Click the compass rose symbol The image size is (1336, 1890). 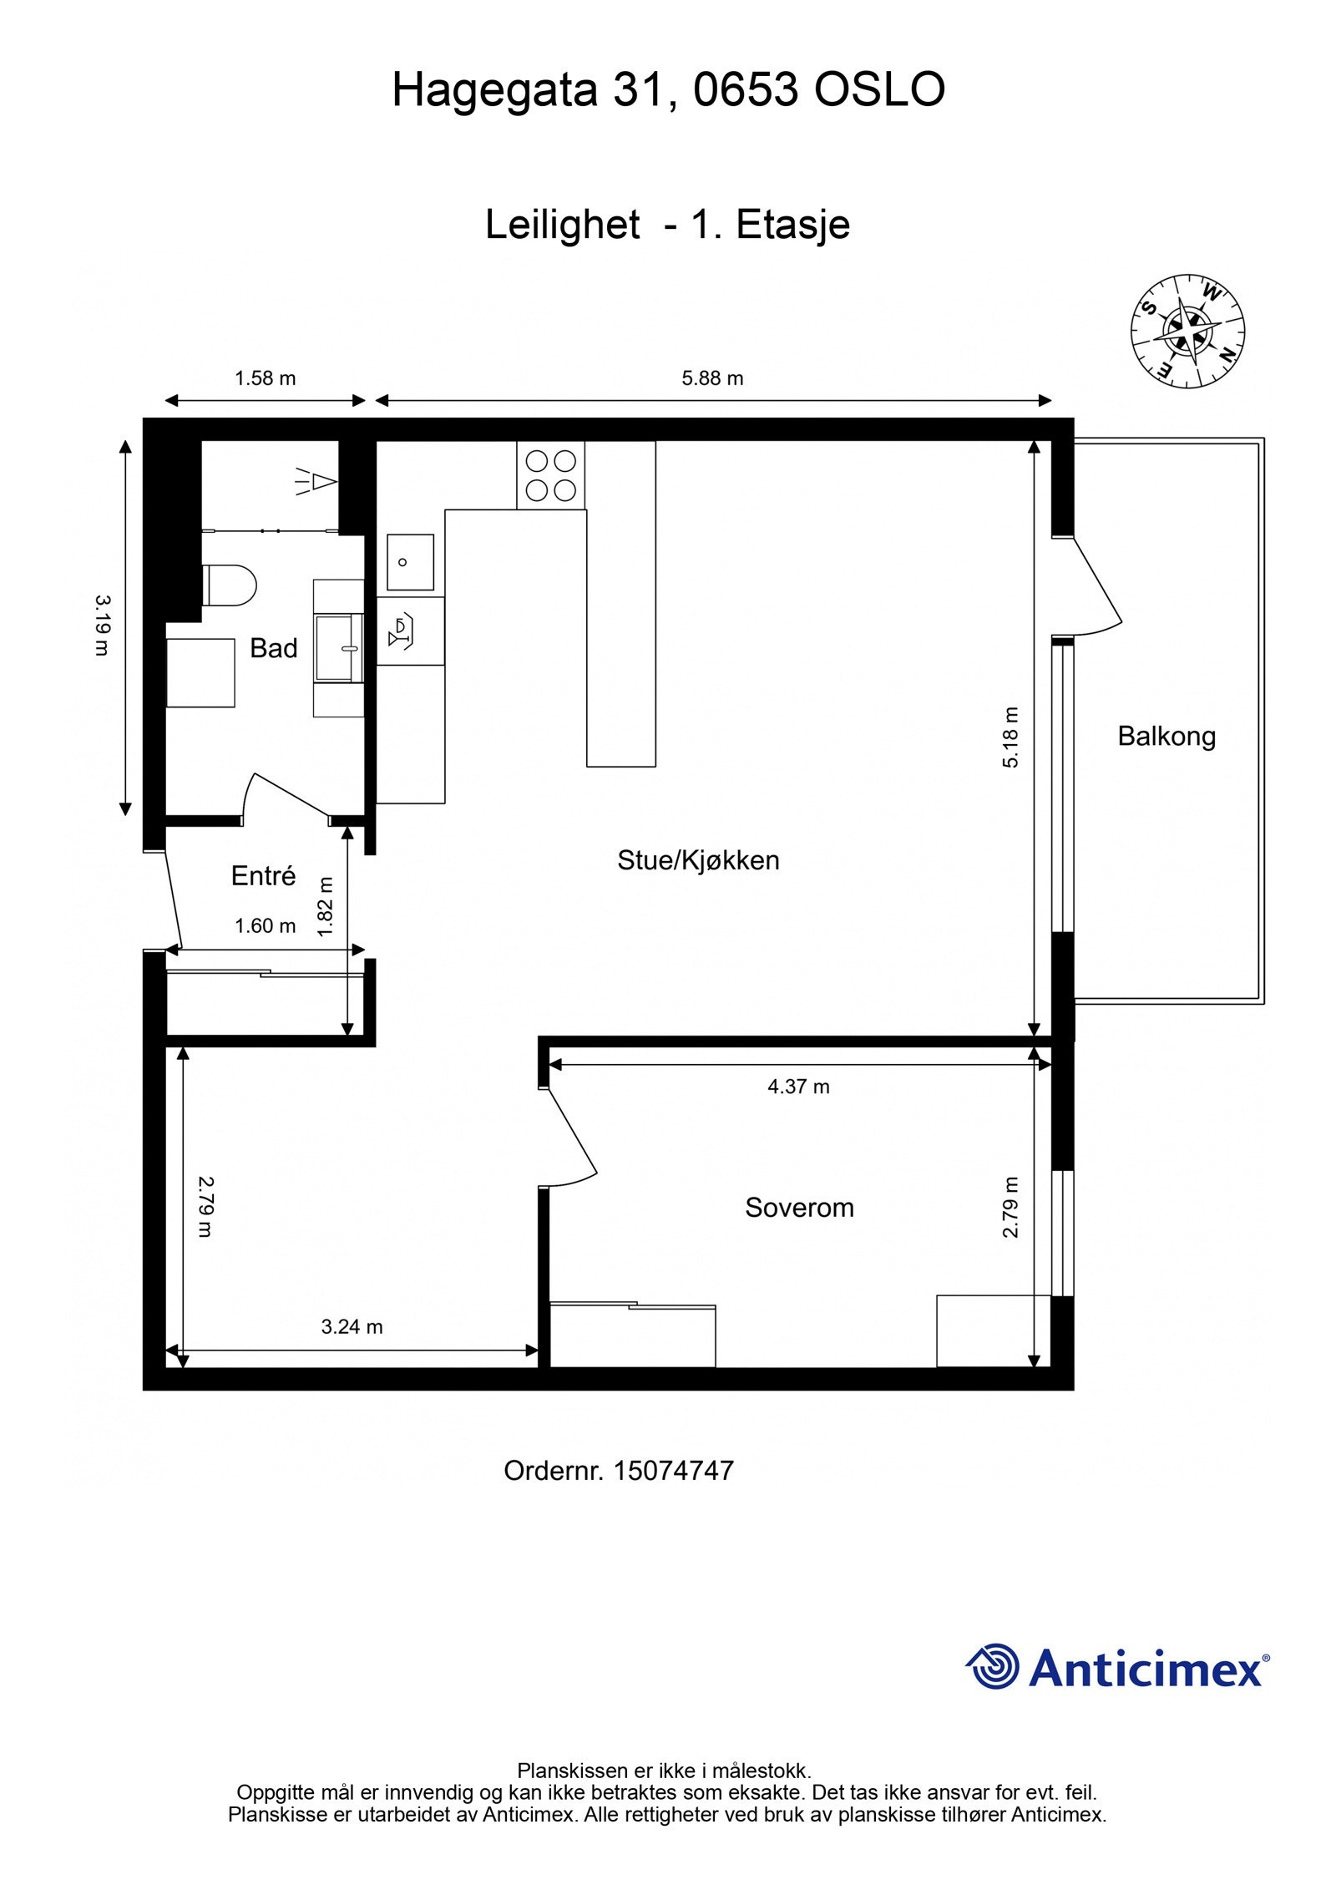[1187, 342]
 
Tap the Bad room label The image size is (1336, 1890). [274, 648]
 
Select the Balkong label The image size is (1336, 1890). [1166, 736]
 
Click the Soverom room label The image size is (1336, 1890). [799, 1207]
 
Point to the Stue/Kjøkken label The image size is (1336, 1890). [698, 860]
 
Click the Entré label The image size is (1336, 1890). [263, 876]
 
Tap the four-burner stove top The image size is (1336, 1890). [550, 474]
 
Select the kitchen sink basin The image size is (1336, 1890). [410, 562]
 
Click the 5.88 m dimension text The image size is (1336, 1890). [712, 378]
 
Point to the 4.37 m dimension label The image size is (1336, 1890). [798, 1087]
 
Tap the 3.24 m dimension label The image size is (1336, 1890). [352, 1326]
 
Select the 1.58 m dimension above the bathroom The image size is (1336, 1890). [265, 378]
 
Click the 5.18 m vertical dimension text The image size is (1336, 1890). [1011, 737]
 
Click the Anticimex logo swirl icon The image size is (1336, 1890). [993, 1666]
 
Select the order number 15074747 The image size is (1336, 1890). [673, 1471]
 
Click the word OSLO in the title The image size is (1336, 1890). [878, 90]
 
